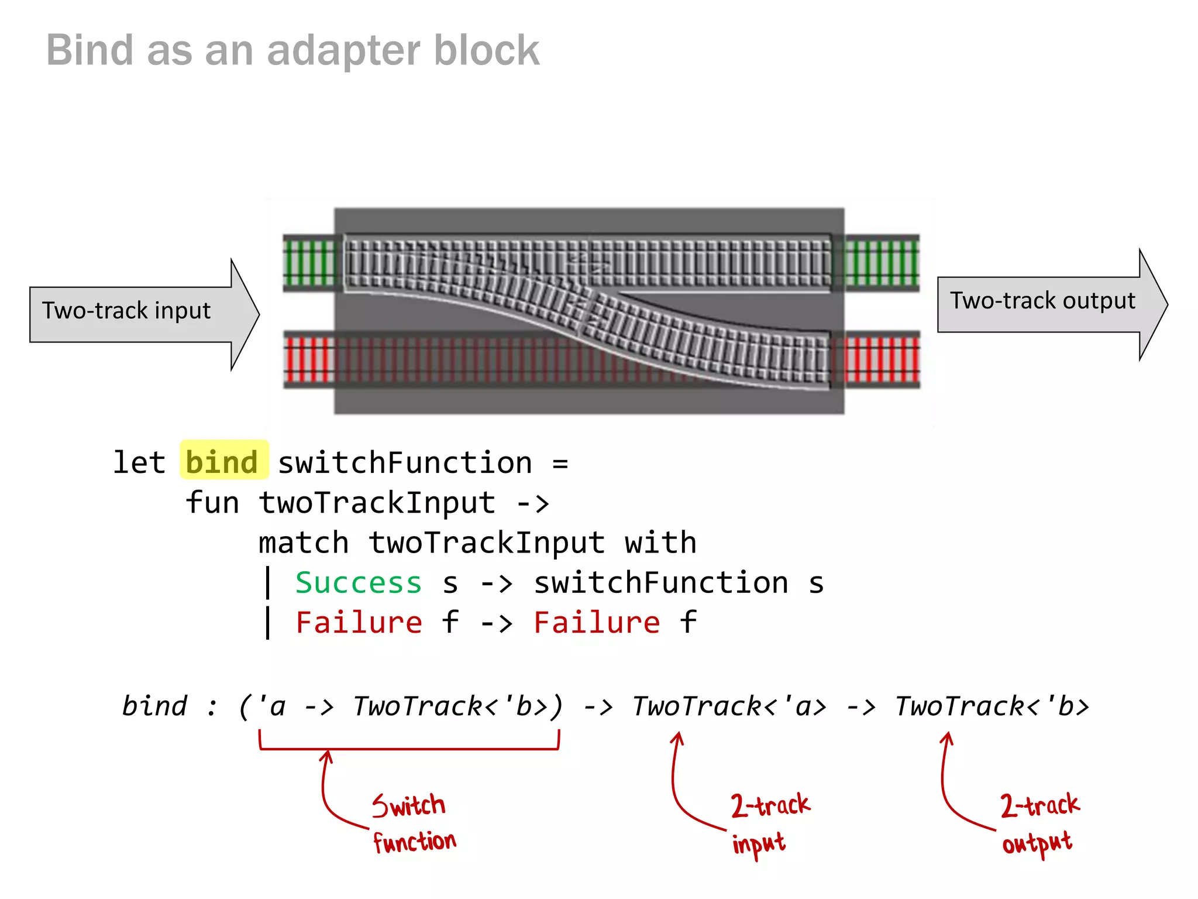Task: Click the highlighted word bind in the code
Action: [x=222, y=462]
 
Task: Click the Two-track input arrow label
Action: [x=126, y=311]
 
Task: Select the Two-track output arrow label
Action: [x=1042, y=301]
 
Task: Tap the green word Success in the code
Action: [x=358, y=583]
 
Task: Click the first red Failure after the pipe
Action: [x=358, y=623]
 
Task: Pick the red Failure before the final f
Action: [x=596, y=623]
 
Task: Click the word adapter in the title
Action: [x=343, y=50]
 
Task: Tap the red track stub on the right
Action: [x=882, y=359]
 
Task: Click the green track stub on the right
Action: [x=882, y=263]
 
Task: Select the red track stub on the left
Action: [x=309, y=359]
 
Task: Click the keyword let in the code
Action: [x=139, y=462]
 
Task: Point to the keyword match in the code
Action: [x=304, y=543]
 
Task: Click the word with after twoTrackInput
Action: [x=660, y=543]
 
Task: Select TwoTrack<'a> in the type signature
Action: [x=729, y=706]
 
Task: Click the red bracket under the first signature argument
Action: [x=409, y=747]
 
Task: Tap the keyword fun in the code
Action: [x=212, y=503]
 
